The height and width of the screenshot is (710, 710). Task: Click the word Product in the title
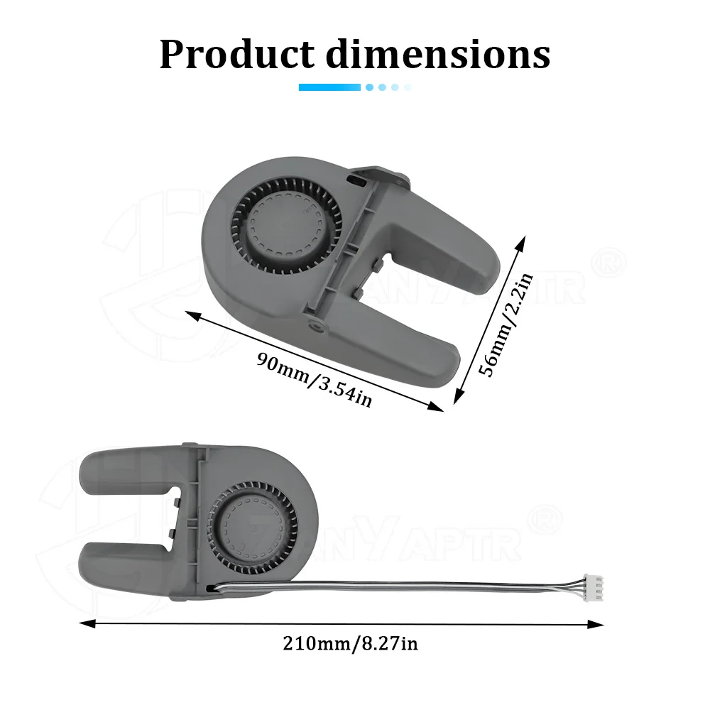point(237,54)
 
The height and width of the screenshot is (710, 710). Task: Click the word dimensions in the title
point(438,54)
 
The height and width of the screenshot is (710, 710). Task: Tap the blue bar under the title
point(329,87)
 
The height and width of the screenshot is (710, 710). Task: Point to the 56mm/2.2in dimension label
point(506,324)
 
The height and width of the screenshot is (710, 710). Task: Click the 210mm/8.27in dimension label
point(350,643)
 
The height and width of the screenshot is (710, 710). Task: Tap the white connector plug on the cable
point(594,587)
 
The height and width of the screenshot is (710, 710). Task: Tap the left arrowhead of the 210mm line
point(87,623)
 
